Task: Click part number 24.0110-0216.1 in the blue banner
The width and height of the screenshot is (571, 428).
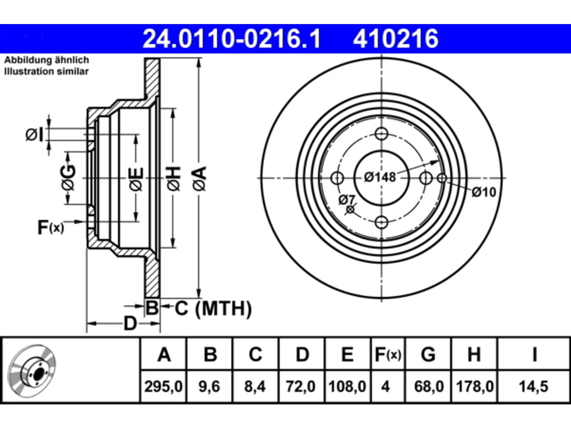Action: pyautogui.click(x=232, y=39)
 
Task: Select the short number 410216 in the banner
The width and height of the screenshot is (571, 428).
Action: pyautogui.click(x=396, y=39)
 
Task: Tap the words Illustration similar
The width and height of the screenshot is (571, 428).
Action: pyautogui.click(x=46, y=71)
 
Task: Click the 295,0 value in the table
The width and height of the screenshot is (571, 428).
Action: pyautogui.click(x=163, y=387)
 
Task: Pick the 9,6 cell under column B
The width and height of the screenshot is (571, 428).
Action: pyautogui.click(x=209, y=387)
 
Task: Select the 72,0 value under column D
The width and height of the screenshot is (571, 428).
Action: pyautogui.click(x=301, y=387)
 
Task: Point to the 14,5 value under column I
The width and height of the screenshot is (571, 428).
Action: pyautogui.click(x=534, y=387)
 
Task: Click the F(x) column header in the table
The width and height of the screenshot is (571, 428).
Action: pyautogui.click(x=388, y=354)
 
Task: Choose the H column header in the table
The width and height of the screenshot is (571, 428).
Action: pyautogui.click(x=474, y=354)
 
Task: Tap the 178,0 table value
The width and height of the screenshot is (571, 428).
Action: pyautogui.click(x=475, y=387)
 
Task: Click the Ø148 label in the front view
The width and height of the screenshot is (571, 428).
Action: pyautogui.click(x=380, y=177)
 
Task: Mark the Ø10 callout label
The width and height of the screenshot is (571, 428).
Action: pyautogui.click(x=484, y=192)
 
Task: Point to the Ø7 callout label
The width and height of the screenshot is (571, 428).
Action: pyautogui.click(x=347, y=200)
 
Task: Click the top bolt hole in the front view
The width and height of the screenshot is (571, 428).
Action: pyautogui.click(x=381, y=134)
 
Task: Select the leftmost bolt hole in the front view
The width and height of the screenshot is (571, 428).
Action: pyautogui.click(x=337, y=178)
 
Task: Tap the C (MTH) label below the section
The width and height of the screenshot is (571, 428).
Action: pyautogui.click(x=213, y=309)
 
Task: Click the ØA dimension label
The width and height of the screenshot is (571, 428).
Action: pyautogui.click(x=200, y=179)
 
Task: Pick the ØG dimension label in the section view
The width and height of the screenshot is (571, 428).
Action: pyautogui.click(x=68, y=177)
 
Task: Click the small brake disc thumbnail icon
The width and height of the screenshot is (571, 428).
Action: pyautogui.click(x=32, y=371)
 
